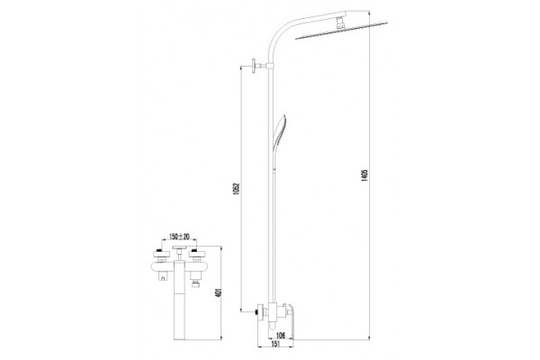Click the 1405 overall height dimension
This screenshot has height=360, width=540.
pos(365,175)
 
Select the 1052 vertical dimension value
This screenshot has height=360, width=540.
pos(236,189)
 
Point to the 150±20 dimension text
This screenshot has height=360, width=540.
pos(179,237)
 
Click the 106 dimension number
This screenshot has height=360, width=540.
pos(281,336)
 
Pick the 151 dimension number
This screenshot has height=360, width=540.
pos(275,344)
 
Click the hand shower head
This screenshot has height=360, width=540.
pos(280,132)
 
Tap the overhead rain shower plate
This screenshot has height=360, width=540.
pos(341,31)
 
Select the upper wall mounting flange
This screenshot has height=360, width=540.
pos(255,66)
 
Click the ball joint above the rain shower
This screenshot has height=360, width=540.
pos(340,23)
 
